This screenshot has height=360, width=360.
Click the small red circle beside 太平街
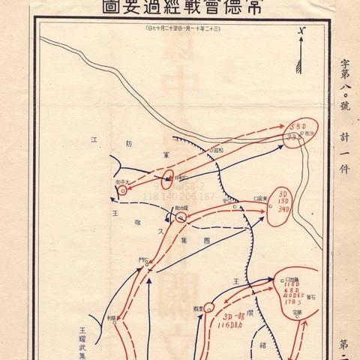[121, 190]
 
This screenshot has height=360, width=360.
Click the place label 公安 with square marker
[259, 198]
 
